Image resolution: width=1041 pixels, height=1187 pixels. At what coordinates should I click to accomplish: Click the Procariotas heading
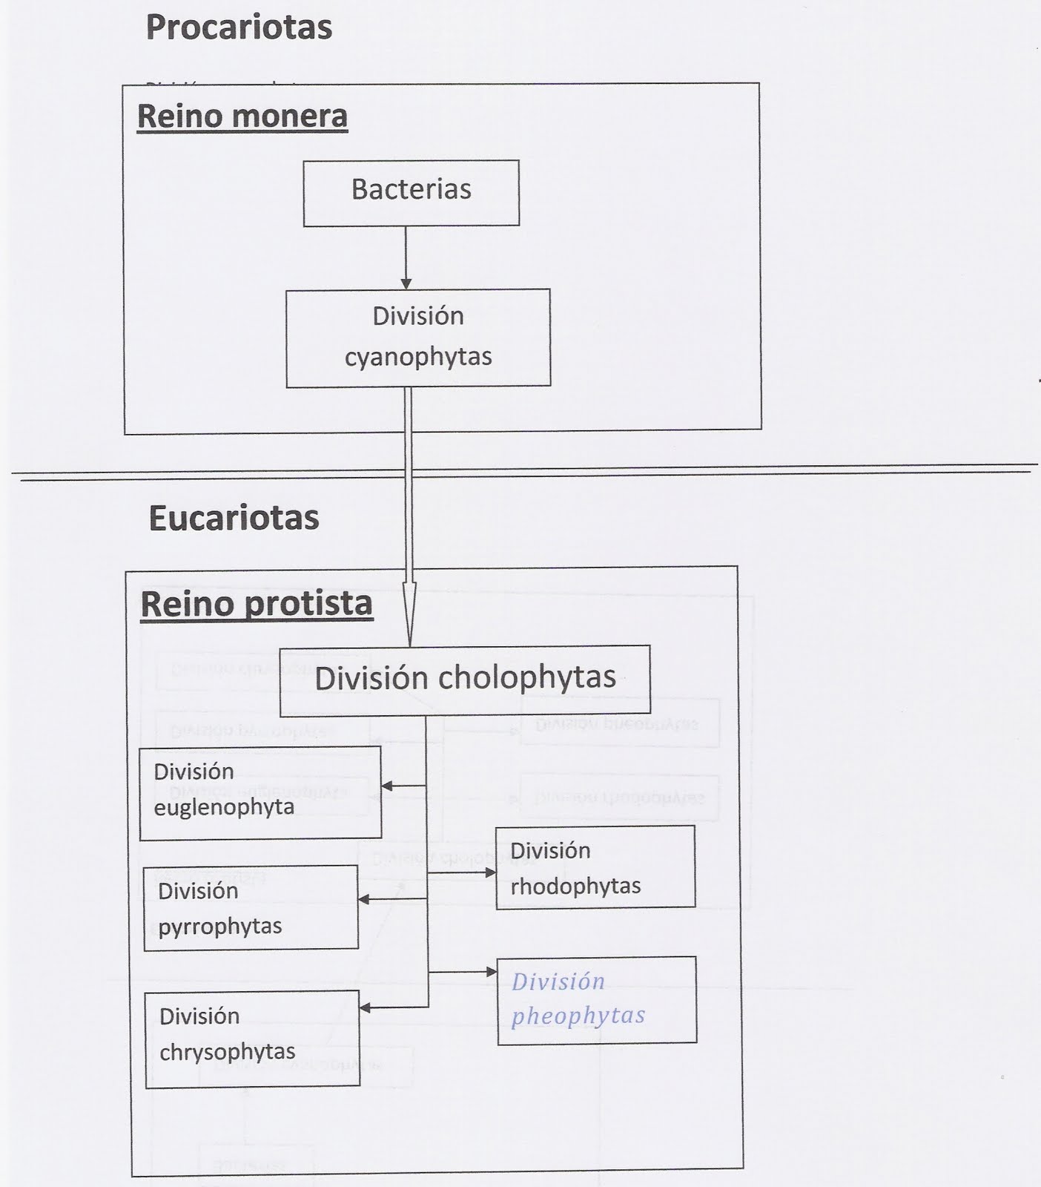point(239,27)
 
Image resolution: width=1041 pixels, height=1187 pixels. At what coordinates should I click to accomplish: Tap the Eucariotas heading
point(234,518)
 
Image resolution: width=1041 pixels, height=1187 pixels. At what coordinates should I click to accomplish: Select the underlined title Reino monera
point(242,116)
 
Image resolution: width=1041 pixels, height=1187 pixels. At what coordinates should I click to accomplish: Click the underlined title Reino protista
point(257,604)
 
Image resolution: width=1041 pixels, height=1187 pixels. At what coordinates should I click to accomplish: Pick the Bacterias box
point(411,192)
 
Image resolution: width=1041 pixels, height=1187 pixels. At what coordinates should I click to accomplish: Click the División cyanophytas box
point(418,338)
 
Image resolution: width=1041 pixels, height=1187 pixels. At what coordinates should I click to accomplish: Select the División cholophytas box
point(465,679)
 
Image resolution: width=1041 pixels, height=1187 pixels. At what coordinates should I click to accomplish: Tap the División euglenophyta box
point(260,792)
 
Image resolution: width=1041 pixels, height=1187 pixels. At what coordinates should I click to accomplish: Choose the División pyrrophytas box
point(251,907)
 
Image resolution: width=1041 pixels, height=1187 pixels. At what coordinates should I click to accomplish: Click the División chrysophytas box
point(252,1039)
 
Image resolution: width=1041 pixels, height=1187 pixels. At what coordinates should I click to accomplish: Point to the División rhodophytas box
point(595,867)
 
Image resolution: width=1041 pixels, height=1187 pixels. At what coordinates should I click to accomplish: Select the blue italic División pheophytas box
point(597,1000)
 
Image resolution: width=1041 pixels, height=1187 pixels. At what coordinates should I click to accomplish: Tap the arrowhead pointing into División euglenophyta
point(387,786)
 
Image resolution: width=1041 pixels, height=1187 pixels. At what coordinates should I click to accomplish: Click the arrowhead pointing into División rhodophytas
point(490,873)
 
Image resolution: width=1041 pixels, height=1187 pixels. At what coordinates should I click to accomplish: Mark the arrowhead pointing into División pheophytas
point(492,971)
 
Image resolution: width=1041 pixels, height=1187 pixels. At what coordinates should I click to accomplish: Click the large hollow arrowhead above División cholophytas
point(409,612)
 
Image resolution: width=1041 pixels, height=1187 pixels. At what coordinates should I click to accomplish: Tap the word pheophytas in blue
point(578,1016)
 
